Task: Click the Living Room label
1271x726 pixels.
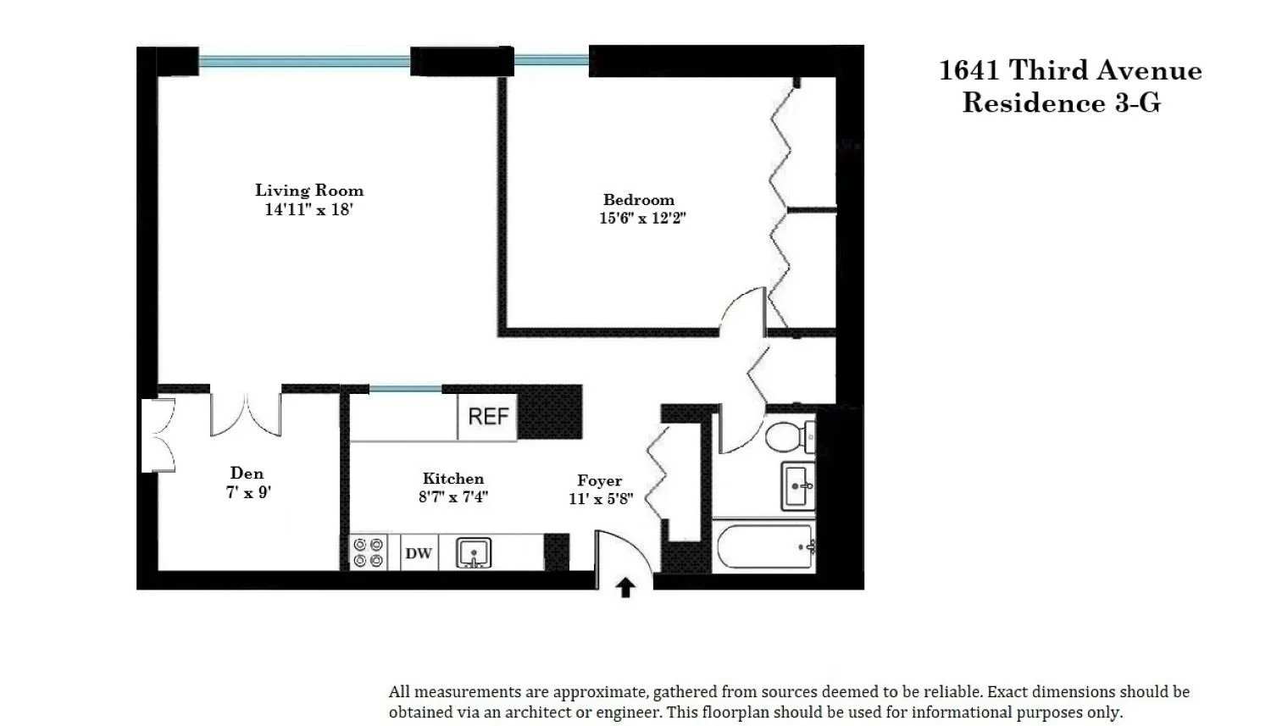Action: point(309,190)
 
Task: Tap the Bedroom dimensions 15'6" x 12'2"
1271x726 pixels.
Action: point(642,218)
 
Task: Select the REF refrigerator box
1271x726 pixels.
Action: point(487,417)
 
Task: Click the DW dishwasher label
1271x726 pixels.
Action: point(419,553)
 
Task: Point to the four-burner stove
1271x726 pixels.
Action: point(369,552)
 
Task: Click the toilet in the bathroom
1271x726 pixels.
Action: point(791,437)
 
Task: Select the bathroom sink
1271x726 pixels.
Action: point(798,486)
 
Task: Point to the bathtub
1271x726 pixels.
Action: point(765,546)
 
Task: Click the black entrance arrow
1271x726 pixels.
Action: point(625,588)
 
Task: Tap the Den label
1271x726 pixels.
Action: point(247,473)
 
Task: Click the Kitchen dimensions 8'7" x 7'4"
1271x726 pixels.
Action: point(453,497)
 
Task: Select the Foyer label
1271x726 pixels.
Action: point(600,480)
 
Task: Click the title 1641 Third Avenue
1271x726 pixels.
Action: point(1070,70)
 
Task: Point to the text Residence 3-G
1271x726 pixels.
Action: point(1062,103)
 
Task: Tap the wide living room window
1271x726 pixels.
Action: point(304,61)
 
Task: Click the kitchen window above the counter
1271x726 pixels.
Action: point(405,389)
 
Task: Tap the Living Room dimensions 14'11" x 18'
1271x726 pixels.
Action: point(309,209)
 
